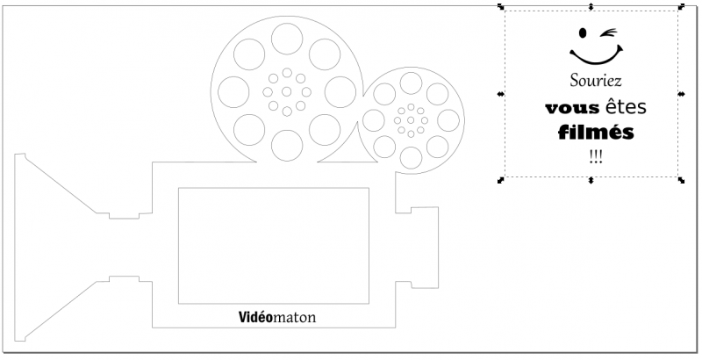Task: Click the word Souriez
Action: click(595, 81)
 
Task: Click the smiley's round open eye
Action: click(580, 34)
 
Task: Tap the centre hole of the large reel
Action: click(287, 90)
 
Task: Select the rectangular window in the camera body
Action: click(274, 245)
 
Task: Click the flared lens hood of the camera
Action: click(53, 246)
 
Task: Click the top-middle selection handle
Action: click(591, 7)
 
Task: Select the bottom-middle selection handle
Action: click(591, 180)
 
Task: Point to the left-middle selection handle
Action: click(500, 93)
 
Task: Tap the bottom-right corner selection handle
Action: click(682, 180)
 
